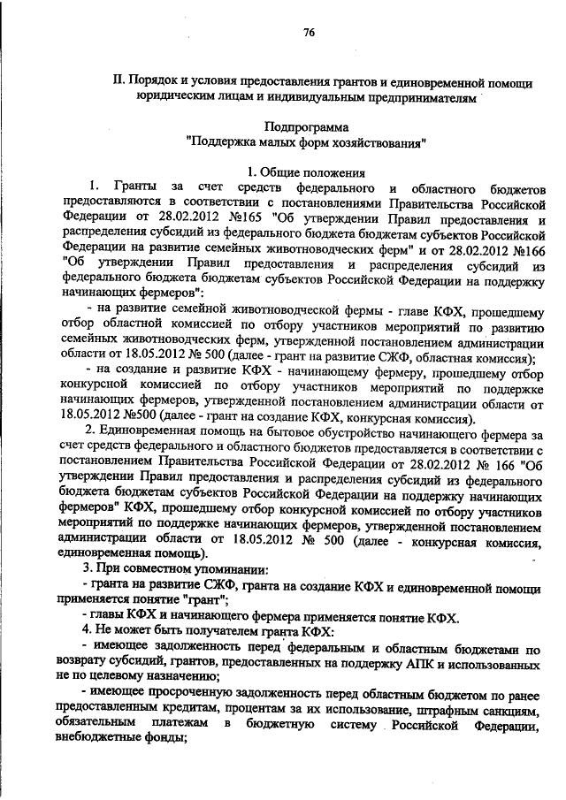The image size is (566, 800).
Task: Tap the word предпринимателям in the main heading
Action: pyautogui.click(x=415, y=97)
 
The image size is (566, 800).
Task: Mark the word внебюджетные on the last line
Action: pyautogui.click(x=110, y=742)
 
